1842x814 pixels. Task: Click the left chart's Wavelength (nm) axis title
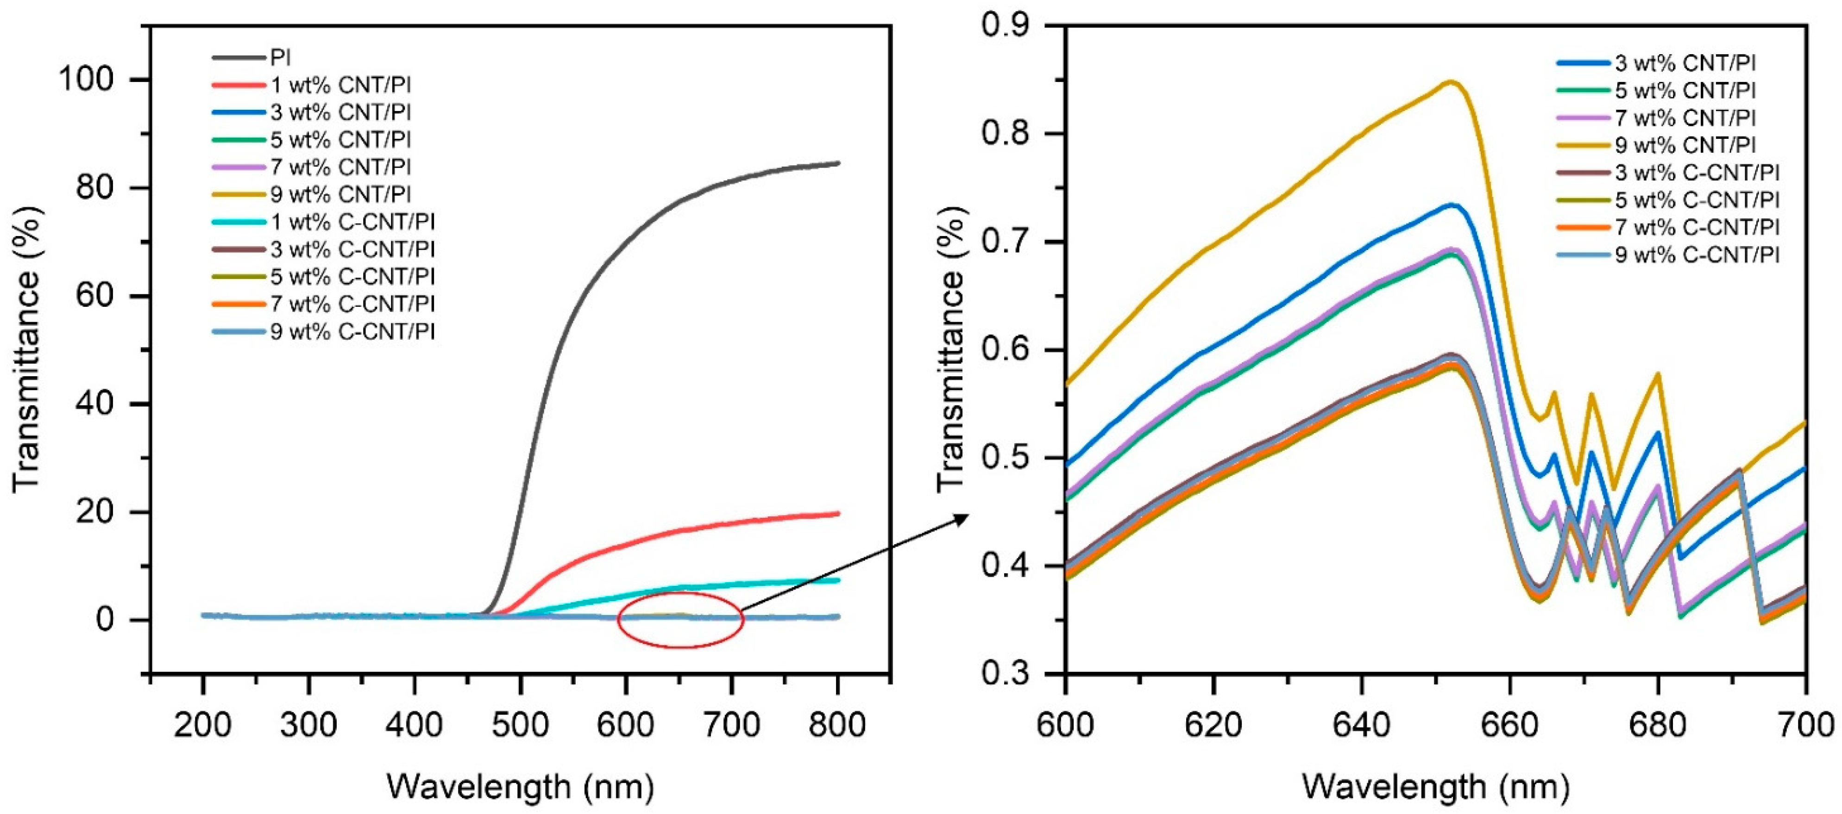[521, 787]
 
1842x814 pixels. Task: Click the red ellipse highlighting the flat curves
[619, 620]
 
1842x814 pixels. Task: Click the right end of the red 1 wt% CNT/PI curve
[837, 513]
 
